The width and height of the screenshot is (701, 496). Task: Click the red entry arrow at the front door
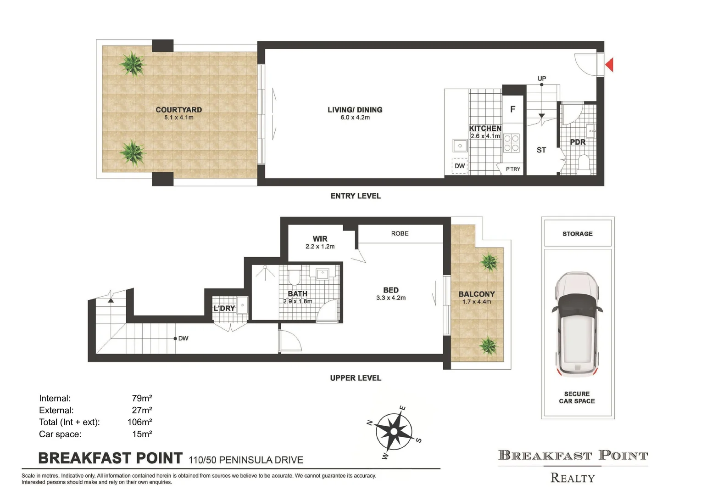[x=610, y=65]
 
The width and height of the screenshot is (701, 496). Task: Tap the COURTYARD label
[x=178, y=110]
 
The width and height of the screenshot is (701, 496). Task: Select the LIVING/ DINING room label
[x=355, y=110]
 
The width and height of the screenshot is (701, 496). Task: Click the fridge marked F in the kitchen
[x=512, y=109]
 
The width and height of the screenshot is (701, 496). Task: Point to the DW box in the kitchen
[x=459, y=166]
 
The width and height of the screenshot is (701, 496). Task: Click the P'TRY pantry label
[x=512, y=169]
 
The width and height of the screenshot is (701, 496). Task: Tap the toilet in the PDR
[x=584, y=162]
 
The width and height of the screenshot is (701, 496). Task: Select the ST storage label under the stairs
[x=541, y=150]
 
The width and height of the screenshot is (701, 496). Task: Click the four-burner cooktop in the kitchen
[x=512, y=143]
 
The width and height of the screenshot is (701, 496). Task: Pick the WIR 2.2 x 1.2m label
[x=320, y=242]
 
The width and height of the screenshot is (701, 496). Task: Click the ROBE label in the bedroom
[x=400, y=233]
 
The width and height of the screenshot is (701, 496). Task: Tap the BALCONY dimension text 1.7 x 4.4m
[x=477, y=302]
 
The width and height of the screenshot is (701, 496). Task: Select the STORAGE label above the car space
[x=577, y=234]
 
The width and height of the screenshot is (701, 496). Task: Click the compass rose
[x=394, y=432]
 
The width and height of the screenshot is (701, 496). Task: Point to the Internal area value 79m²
[x=142, y=398]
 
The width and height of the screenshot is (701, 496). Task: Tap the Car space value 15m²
[x=142, y=434]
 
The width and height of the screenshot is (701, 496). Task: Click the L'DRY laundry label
[x=224, y=308]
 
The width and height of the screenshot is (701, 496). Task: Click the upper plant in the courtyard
[x=133, y=64]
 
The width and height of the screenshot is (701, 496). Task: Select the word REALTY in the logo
[x=573, y=478]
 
